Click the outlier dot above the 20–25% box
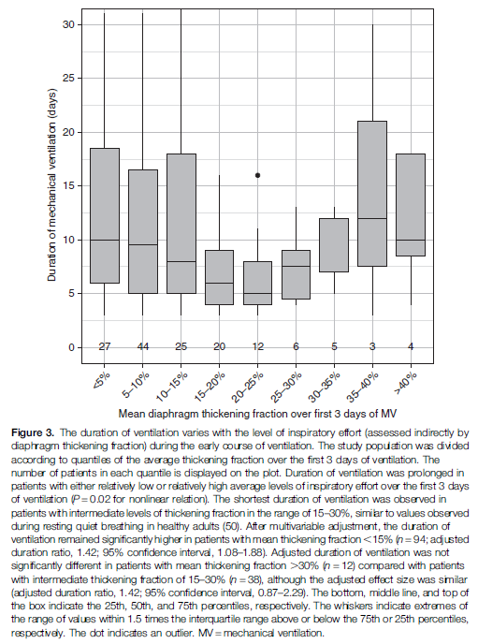(x=257, y=175)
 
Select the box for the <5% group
(x=105, y=215)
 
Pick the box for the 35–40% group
(x=372, y=194)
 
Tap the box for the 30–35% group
(x=334, y=245)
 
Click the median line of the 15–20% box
(x=219, y=283)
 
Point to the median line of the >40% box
(x=411, y=240)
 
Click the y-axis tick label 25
(x=68, y=79)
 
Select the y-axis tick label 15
(x=68, y=186)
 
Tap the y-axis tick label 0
(x=71, y=347)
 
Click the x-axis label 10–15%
(x=172, y=386)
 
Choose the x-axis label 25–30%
(x=287, y=386)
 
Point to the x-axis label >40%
(x=406, y=383)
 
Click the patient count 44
(x=143, y=346)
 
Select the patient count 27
(x=105, y=346)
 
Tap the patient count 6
(x=296, y=346)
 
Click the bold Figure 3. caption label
(x=33, y=432)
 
